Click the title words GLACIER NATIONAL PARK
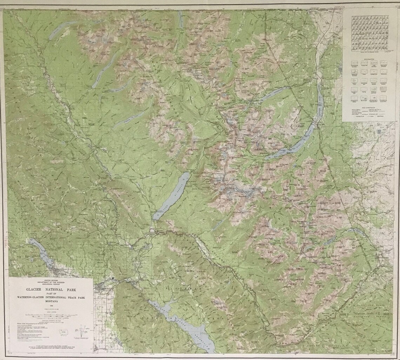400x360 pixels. [x=51, y=290]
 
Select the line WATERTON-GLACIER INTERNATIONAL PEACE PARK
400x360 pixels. [x=51, y=297]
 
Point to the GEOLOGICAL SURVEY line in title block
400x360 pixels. [x=51, y=284]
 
